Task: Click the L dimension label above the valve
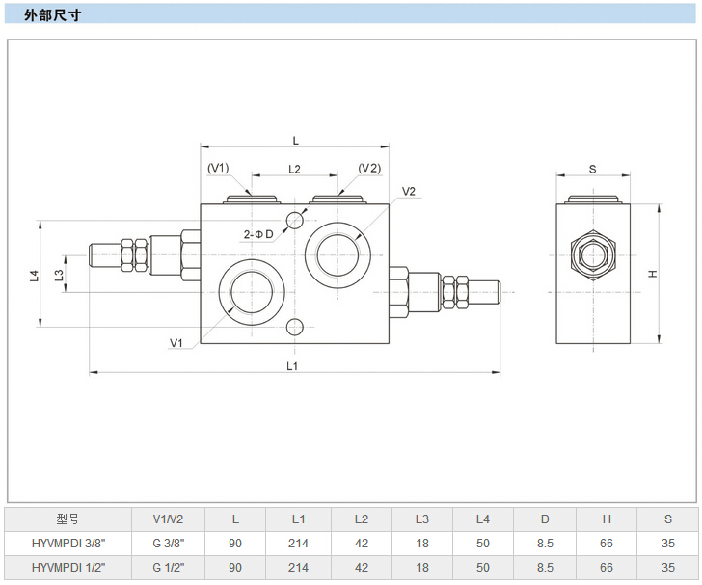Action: (295, 140)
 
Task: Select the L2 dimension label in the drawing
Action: (295, 169)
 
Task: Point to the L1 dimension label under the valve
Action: (292, 365)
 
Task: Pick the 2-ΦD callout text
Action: (257, 234)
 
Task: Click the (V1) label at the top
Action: (218, 168)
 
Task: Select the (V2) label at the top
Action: (369, 168)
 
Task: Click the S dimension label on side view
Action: (592, 169)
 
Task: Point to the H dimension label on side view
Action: (653, 274)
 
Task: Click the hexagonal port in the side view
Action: (592, 254)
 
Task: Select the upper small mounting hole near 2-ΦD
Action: (295, 219)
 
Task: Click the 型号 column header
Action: (67, 519)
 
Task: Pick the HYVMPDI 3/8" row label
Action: (67, 544)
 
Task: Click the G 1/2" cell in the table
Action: (168, 569)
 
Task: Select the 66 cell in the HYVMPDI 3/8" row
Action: (607, 544)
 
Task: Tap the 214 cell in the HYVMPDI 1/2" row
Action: (298, 569)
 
